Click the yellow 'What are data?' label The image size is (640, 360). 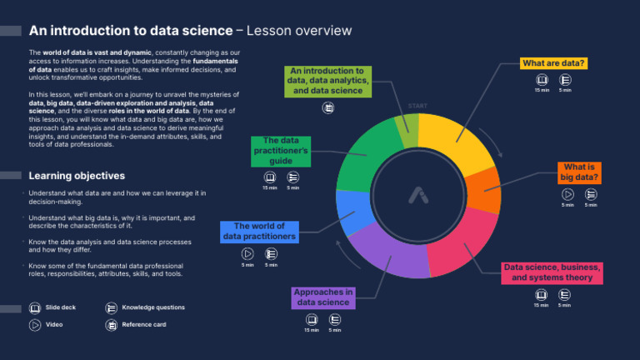tap(554, 63)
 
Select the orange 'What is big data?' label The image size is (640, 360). tap(579, 172)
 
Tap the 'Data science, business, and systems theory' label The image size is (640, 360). tap(552, 272)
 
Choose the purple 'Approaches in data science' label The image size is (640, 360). tap(323, 297)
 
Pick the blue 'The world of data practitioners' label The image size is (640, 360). tap(259, 232)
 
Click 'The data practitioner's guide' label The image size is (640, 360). tap(282, 152)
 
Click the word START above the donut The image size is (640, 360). tap(418, 106)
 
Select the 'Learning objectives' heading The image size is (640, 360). tap(76, 176)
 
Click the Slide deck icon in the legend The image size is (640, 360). tap(34, 307)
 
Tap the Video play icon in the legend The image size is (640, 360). tap(34, 324)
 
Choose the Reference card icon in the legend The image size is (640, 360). tap(111, 324)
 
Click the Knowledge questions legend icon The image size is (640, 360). tap(111, 307)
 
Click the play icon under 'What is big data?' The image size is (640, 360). tap(567, 194)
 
